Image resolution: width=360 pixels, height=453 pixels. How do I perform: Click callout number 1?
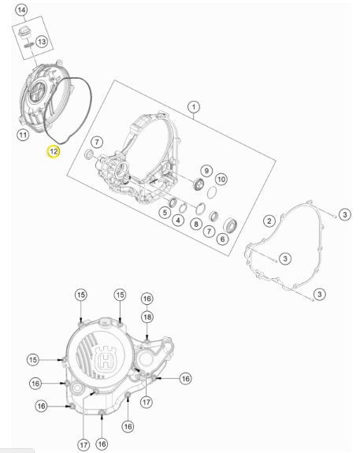pos(194,107)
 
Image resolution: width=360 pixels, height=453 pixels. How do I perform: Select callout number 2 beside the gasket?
pos(269,221)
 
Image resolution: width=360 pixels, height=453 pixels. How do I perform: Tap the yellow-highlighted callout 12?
pos(54,151)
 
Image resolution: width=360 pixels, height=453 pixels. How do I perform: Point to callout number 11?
pos(23,135)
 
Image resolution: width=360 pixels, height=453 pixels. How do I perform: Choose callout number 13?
pos(42,42)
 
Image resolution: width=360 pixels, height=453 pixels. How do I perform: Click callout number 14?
pos(21,10)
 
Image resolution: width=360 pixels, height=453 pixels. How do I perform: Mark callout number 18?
pos(147,317)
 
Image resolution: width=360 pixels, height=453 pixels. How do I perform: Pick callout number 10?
pos(221,179)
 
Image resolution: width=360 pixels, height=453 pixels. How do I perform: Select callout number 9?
pos(206,171)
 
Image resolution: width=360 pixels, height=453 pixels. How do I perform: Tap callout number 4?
pos(178,221)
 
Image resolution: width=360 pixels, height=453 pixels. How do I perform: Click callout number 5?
pos(165,213)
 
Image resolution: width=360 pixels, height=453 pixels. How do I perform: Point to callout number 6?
pos(222,239)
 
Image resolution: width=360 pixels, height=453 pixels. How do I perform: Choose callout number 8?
pos(196,224)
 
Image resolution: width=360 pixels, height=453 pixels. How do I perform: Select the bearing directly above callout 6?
pos(231,225)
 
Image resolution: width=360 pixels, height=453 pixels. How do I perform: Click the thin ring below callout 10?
pos(212,193)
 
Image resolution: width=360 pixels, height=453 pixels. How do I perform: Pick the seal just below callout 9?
pos(199,184)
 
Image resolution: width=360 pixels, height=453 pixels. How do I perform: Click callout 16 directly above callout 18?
pos(147,299)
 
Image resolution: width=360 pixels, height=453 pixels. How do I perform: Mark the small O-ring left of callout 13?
pos(28,45)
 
